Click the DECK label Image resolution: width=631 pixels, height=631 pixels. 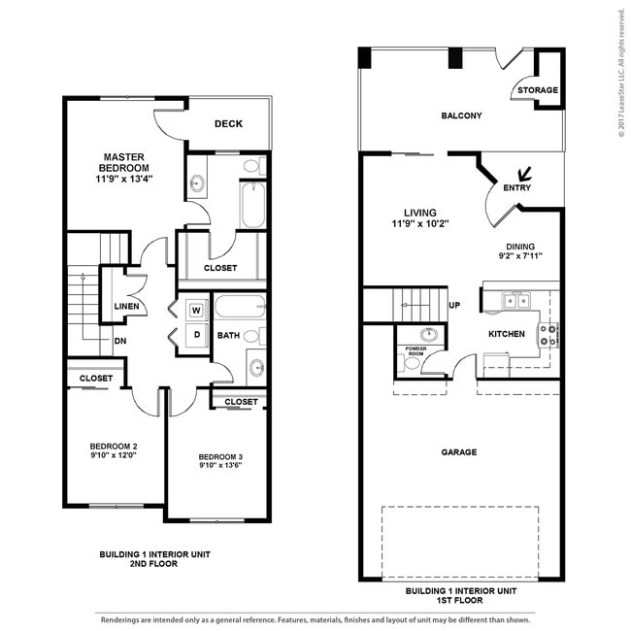tap(228, 124)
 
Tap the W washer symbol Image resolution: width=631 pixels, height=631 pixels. tap(196, 311)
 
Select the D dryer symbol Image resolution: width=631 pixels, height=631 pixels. tap(197, 335)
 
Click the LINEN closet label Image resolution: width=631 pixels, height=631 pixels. tap(126, 306)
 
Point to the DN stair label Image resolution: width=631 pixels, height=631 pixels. tap(120, 341)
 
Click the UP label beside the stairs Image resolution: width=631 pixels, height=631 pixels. tap(454, 305)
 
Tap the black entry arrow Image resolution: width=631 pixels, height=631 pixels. tap(524, 174)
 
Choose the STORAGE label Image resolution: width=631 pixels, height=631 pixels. tap(538, 90)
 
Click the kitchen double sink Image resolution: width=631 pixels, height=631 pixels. tap(515, 301)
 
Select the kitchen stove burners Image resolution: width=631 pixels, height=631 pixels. tap(548, 335)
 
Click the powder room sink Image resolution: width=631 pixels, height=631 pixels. tap(429, 334)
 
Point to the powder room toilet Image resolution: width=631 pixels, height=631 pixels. tap(409, 363)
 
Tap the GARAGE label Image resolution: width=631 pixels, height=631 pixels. tap(459, 452)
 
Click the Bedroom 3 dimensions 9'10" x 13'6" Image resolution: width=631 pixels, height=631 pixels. tap(220, 465)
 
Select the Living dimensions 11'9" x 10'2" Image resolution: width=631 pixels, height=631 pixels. tap(420, 223)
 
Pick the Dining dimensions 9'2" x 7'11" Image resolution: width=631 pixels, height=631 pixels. tap(520, 255)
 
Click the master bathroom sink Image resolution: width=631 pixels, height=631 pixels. tap(197, 183)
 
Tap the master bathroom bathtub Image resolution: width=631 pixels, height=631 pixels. tap(253, 205)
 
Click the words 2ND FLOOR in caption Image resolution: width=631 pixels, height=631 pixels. tap(153, 564)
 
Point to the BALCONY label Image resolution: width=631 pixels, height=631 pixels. tap(461, 116)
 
